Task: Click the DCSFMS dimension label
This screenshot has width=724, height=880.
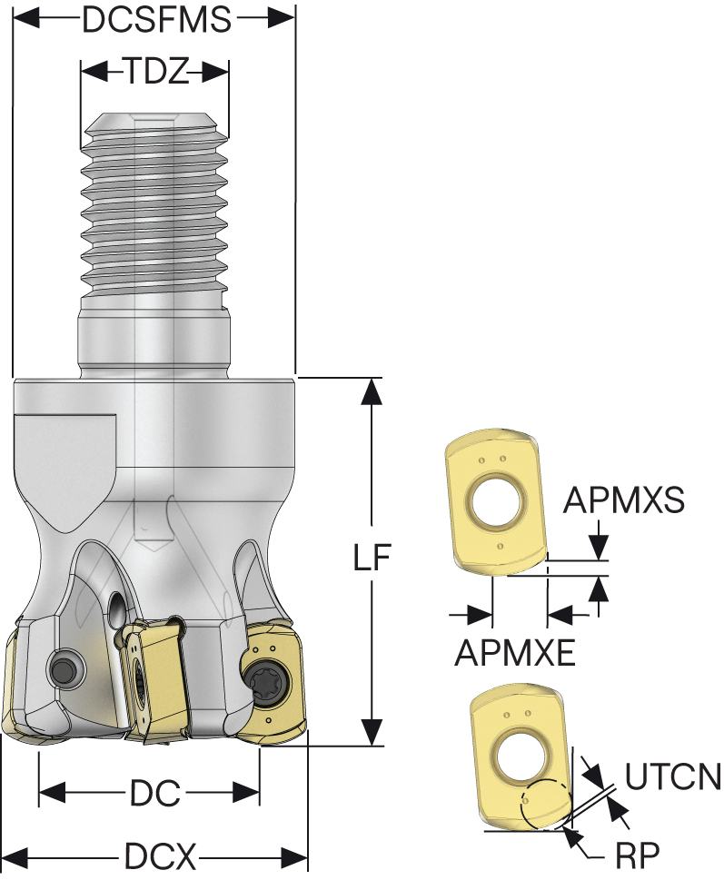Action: click(156, 19)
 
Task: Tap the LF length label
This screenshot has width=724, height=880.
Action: click(371, 559)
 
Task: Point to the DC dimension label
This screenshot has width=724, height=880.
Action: click(150, 793)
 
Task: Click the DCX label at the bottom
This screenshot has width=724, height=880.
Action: click(160, 855)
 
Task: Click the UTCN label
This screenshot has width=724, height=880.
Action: click(673, 776)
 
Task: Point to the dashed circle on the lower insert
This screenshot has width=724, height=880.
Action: click(546, 805)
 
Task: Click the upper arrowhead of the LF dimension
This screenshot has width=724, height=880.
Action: click(371, 391)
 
